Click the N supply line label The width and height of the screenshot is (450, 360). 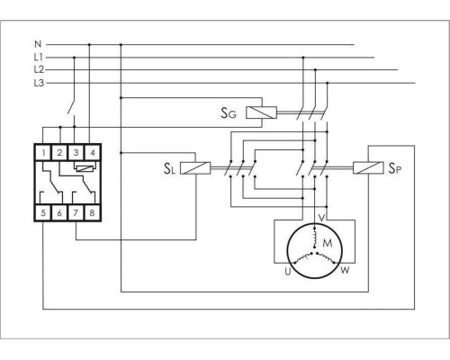38,44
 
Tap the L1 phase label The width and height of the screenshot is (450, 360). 39,57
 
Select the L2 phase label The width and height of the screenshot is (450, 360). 39,69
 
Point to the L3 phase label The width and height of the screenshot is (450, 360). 39,83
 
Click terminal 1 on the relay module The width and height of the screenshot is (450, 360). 44,153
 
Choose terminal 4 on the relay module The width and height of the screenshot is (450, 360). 93,153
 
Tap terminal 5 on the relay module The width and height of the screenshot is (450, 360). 43,213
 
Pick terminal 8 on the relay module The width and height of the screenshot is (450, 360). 92,213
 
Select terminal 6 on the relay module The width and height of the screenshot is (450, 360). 59,213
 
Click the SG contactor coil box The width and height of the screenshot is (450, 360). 261,112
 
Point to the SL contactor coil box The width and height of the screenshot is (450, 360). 195,168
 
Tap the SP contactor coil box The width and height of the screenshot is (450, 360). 368,167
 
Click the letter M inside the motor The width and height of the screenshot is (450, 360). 328,242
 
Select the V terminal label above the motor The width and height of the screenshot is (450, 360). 321,218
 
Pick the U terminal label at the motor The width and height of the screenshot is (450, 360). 288,272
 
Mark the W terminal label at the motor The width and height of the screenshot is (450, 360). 345,270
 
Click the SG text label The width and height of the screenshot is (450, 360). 229,113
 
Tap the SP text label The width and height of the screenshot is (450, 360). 395,168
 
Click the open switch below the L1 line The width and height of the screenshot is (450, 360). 72,106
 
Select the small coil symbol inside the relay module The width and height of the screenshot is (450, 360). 86,168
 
